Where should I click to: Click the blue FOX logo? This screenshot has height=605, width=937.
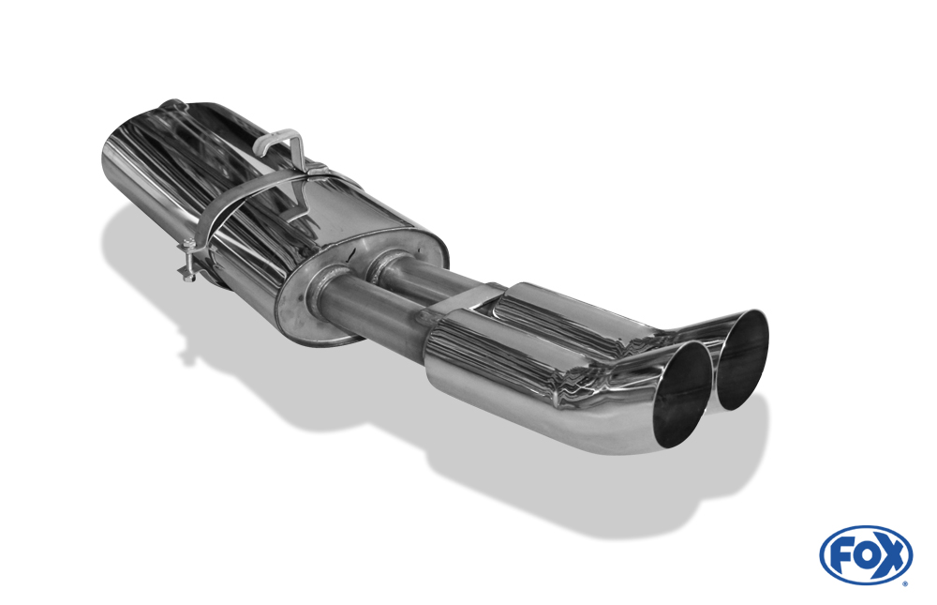[865, 555]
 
